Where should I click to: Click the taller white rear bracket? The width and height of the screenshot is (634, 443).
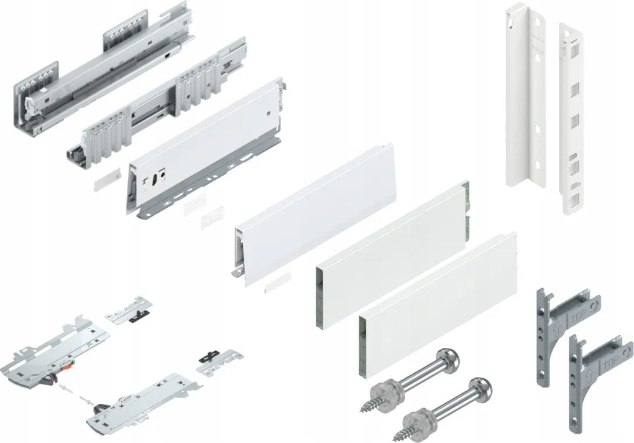pos(523,93)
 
